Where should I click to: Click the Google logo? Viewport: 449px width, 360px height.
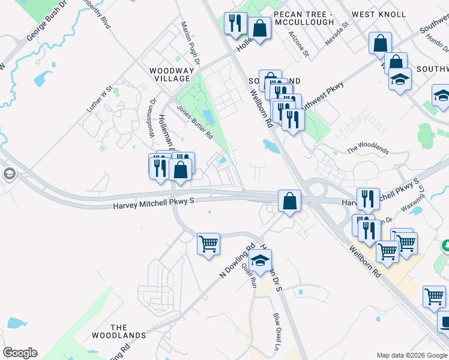coord(20,353)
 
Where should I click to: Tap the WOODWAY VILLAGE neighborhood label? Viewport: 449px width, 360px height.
coord(172,74)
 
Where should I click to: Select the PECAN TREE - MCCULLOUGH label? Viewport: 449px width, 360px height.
coord(303,18)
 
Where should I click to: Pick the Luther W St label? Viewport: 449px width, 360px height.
coord(100,100)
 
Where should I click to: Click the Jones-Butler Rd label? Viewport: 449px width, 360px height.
coord(195,122)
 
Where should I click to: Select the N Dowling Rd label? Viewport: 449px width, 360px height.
coord(238,260)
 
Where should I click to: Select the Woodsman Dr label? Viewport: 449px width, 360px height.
coord(152,116)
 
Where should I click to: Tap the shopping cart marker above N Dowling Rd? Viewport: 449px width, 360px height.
coord(208,244)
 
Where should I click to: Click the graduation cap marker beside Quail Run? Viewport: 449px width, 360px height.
coord(260,260)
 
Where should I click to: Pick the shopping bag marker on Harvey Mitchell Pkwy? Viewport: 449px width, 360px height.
coord(289,201)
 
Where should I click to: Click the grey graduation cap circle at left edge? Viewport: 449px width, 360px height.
coord(9,174)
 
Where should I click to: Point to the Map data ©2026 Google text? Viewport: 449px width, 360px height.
coord(411,355)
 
